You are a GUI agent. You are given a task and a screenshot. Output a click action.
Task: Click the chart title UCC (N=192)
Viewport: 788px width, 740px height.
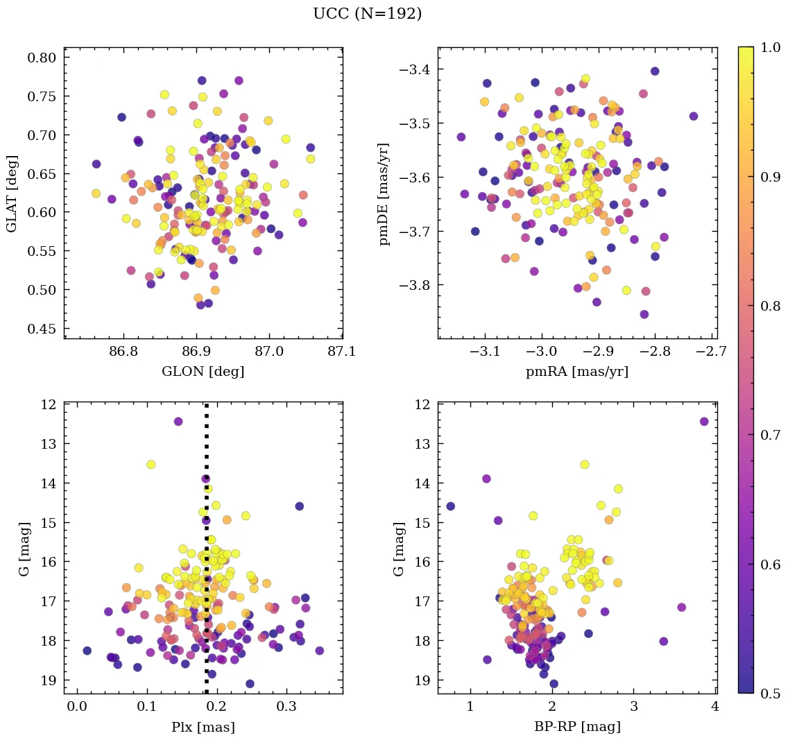tap(367, 14)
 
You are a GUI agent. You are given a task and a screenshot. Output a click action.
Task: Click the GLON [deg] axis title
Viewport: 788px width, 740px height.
tap(203, 372)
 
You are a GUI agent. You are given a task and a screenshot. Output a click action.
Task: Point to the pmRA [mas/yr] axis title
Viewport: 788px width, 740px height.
tap(577, 372)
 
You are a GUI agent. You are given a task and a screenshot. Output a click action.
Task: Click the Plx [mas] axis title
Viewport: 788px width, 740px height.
tap(203, 728)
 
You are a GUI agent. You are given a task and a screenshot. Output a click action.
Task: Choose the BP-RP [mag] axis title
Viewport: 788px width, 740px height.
tap(577, 728)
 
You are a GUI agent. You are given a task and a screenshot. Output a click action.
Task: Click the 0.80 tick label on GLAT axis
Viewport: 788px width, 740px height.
tap(41, 57)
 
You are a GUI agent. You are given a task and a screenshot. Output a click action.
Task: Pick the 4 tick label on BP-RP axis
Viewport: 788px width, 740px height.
tap(715, 707)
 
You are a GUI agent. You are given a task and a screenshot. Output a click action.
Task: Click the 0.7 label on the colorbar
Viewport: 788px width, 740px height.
tap(771, 435)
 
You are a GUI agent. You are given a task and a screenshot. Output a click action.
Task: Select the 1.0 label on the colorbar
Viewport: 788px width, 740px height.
tap(771, 46)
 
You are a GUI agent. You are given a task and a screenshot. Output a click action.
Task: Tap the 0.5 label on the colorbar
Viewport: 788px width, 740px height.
tap(771, 694)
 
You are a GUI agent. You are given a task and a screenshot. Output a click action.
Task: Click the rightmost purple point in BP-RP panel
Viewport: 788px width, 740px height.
tap(704, 422)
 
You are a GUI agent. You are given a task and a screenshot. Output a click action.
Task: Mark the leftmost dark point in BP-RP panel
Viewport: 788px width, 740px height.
tap(450, 506)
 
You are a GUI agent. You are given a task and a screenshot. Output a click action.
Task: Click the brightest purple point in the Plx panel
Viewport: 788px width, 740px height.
tap(178, 422)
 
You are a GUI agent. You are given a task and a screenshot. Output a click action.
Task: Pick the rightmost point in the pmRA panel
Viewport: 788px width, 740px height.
tap(694, 117)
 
